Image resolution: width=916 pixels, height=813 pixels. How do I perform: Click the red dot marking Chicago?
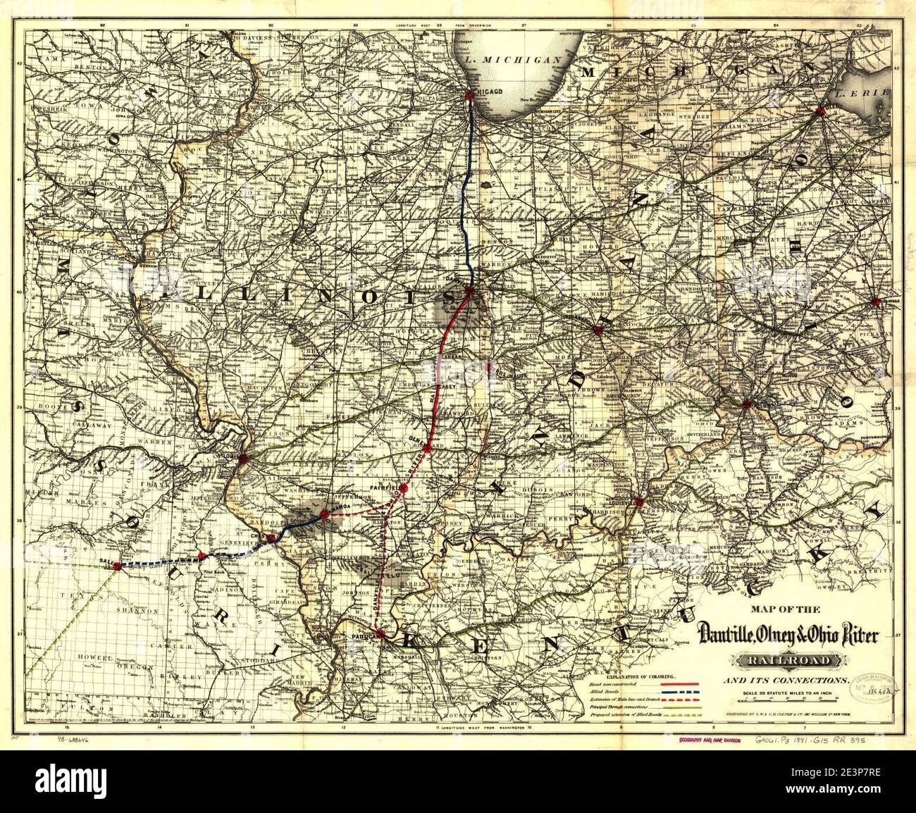[x=470, y=97]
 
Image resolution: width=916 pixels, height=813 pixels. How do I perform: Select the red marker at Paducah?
[x=380, y=634]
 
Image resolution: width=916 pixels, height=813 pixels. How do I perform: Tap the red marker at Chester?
[x=271, y=538]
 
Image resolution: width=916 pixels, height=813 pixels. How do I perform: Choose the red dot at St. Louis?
[x=244, y=459]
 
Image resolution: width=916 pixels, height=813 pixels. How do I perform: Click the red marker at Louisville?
[x=639, y=502]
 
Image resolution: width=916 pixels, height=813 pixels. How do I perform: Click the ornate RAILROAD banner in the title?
[x=787, y=661]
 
